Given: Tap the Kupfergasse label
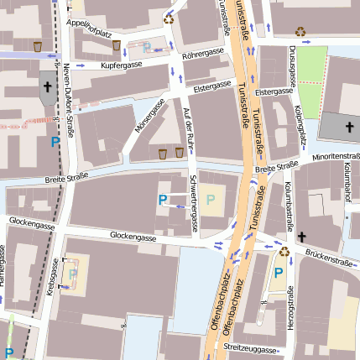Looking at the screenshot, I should [x=123, y=65].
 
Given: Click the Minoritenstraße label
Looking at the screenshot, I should [x=336, y=157].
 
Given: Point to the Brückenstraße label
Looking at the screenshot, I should [x=328, y=261].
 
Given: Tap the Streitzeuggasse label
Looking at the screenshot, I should [x=249, y=347].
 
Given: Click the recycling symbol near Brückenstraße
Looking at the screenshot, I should [x=284, y=250].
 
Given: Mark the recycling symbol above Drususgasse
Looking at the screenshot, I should [x=300, y=33].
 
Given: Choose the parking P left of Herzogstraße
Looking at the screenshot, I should [x=278, y=273].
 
